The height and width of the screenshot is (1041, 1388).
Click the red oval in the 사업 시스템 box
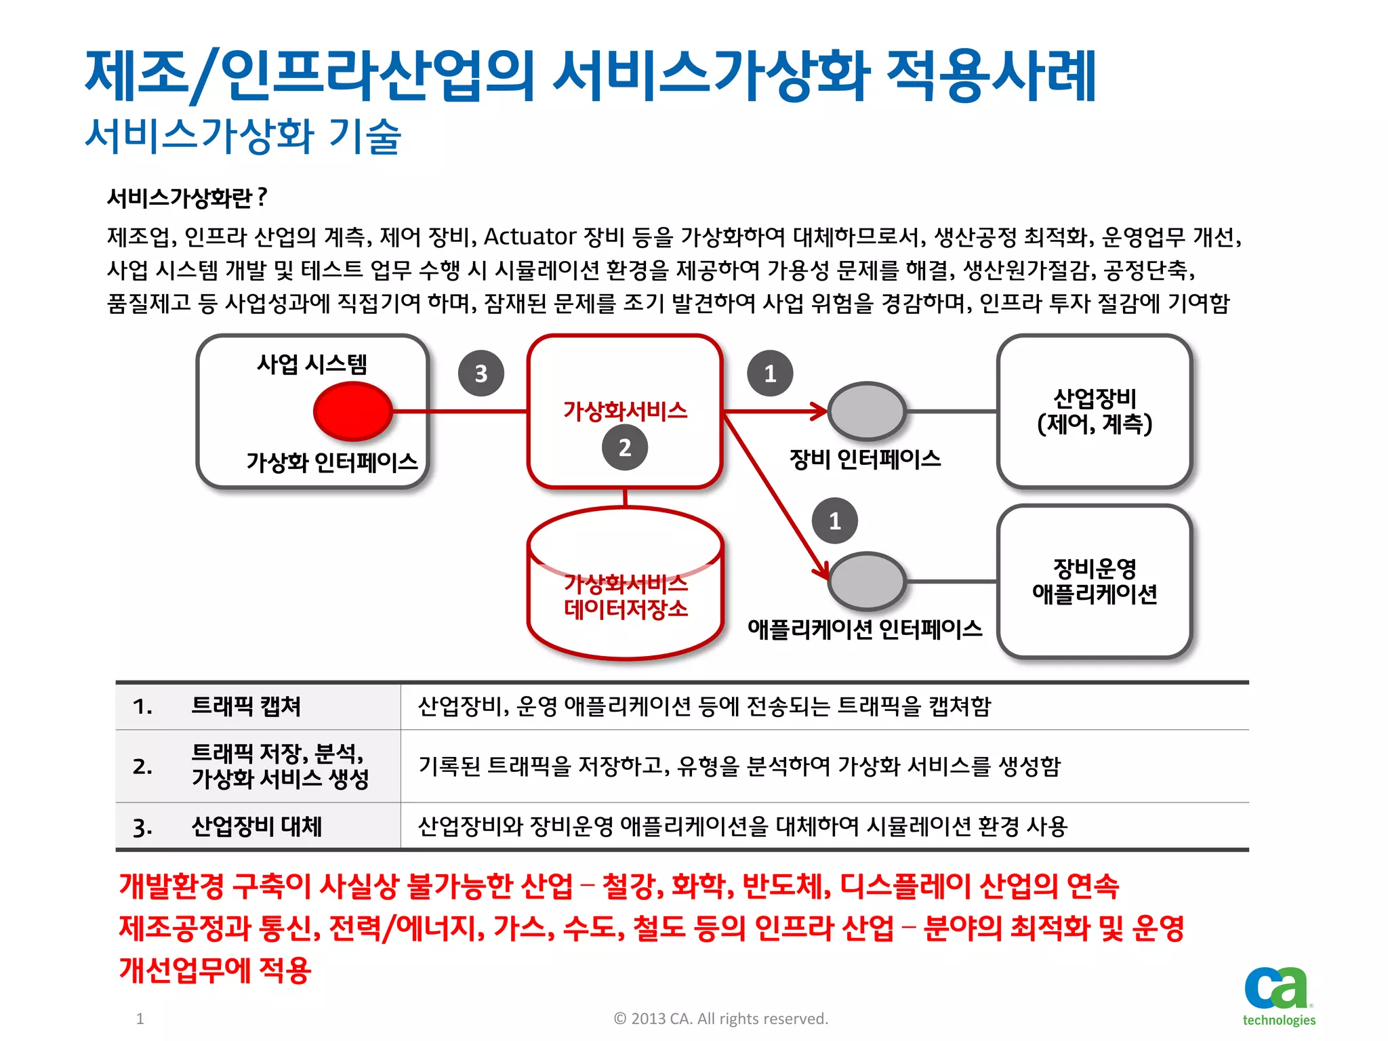(352, 411)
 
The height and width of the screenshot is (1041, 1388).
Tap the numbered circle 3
(481, 373)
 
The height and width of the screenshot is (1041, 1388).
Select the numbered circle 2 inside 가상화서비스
(625, 447)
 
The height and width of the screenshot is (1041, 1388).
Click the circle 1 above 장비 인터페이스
(770, 373)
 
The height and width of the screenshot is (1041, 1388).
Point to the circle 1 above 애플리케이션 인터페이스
(835, 520)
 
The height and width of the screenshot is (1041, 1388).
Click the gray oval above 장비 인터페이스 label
(867, 411)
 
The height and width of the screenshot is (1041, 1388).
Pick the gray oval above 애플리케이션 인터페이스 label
(867, 581)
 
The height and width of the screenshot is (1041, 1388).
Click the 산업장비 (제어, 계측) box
(1094, 411)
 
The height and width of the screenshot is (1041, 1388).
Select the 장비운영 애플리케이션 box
(1094, 581)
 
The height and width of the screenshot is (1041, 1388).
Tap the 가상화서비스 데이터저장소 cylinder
(625, 596)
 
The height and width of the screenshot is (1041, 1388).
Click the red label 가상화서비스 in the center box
(625, 411)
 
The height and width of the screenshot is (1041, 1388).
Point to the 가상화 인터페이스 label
(331, 462)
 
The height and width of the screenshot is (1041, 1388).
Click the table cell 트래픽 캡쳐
(246, 706)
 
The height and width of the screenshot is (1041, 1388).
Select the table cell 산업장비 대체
(256, 826)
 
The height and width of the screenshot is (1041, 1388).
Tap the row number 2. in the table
(142, 767)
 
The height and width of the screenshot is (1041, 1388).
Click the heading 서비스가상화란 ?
(187, 198)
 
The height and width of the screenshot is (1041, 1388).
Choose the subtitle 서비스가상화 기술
(243, 136)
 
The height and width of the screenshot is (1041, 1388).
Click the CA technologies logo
(1278, 996)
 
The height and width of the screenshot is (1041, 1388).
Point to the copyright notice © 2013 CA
(720, 1019)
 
